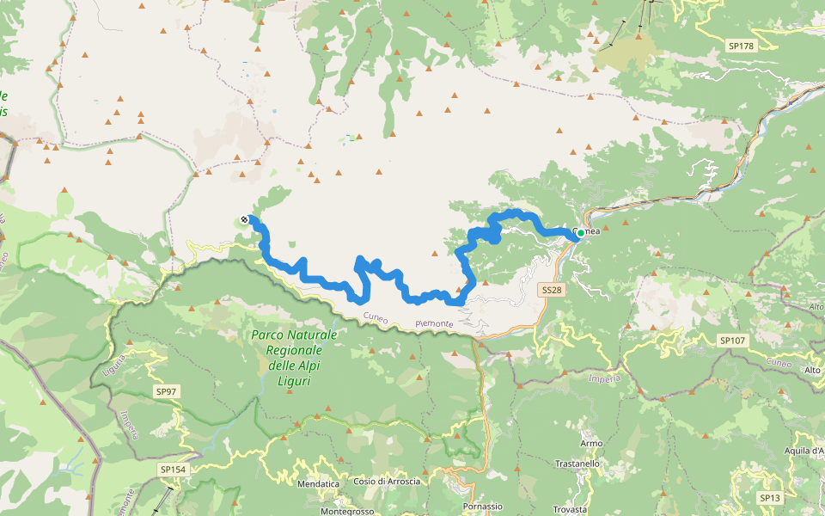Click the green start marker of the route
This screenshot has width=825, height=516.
[x=581, y=233]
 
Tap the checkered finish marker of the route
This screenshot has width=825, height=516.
[x=245, y=220]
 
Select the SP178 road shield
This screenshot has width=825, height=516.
[x=739, y=46]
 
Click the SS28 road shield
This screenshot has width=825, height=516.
[x=552, y=291]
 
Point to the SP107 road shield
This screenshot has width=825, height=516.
[x=732, y=341]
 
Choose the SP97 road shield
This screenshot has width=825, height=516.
[x=167, y=391]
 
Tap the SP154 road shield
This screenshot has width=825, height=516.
[x=171, y=470]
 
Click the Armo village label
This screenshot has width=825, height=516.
[x=590, y=443]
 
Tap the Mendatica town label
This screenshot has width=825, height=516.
[x=318, y=485]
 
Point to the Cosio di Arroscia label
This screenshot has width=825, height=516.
[x=387, y=482]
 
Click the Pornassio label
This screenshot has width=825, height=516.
[x=482, y=507]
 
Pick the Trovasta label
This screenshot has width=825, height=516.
[x=571, y=509]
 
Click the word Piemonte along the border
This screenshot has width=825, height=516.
[x=434, y=323]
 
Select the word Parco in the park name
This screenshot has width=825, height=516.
[x=268, y=335]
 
